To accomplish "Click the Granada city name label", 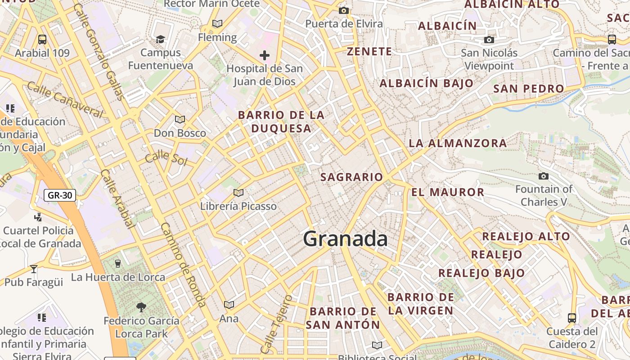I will [345, 239].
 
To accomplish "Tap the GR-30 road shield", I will [60, 195].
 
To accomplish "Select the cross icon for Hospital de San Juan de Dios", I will [265, 55].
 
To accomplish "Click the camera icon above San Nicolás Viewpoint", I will [489, 40].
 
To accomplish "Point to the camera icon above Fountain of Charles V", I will [544, 176].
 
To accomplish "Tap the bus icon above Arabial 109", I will [42, 40].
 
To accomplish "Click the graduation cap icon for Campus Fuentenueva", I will [160, 40].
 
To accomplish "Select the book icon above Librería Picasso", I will [238, 193].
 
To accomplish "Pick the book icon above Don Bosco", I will [180, 120].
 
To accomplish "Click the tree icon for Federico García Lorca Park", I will [141, 307].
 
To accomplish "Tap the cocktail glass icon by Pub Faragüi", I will [34, 269].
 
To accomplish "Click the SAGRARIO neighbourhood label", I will [351, 177].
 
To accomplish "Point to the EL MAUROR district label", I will [448, 193].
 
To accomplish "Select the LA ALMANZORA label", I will [458, 144].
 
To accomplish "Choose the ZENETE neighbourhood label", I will [369, 52].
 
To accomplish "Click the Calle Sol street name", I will [166, 157].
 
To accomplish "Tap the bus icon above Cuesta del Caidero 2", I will [572, 318].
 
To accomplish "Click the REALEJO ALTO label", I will [526, 236].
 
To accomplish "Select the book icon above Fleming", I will [217, 24].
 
